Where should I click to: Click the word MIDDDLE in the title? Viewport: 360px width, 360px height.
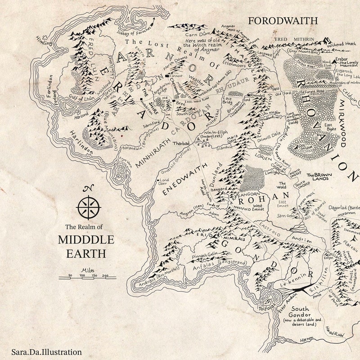tap(86, 239)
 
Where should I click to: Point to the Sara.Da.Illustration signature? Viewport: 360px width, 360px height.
tap(47, 352)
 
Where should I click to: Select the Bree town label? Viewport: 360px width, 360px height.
tap(180, 103)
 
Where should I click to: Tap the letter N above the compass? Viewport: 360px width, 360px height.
tap(88, 189)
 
